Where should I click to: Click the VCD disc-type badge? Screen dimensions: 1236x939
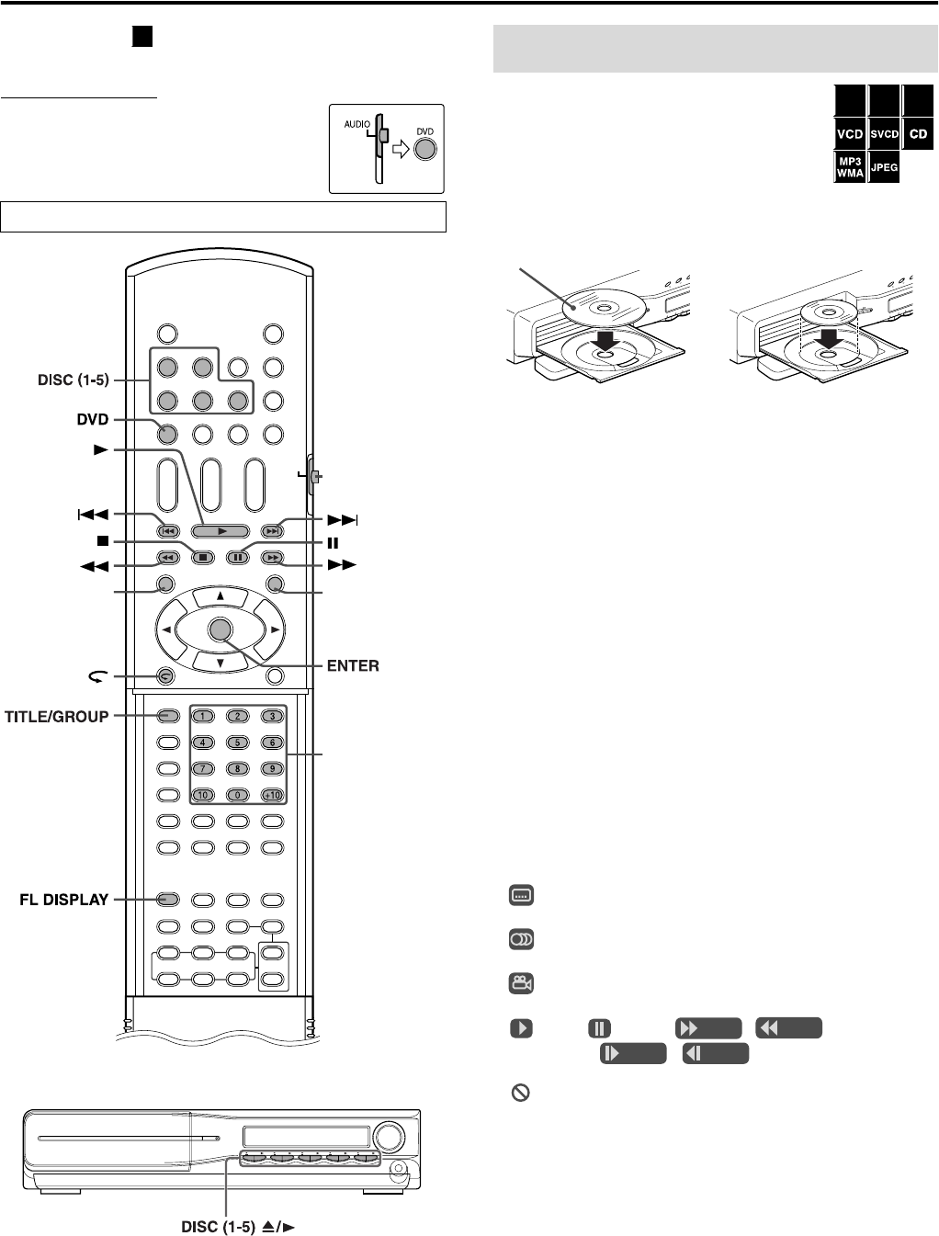tap(850, 134)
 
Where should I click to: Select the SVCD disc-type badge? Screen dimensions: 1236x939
tap(884, 134)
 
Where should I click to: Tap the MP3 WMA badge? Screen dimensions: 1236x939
tap(850, 167)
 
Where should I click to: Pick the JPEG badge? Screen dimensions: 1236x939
tap(884, 167)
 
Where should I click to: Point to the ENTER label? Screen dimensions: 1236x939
tap(353, 665)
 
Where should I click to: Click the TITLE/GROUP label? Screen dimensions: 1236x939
tap(57, 717)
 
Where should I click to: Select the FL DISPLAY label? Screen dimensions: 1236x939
tap(64, 900)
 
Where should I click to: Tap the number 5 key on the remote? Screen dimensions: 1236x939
tap(237, 743)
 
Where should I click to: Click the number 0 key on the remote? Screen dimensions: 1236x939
tap(237, 794)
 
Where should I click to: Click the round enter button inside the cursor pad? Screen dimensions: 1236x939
tap(220, 629)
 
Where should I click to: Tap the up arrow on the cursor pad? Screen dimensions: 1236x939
tap(220, 596)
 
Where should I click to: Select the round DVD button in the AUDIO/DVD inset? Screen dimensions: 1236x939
tap(424, 149)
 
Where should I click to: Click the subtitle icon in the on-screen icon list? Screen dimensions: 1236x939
tap(521, 895)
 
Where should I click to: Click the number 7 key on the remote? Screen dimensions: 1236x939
tap(202, 768)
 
